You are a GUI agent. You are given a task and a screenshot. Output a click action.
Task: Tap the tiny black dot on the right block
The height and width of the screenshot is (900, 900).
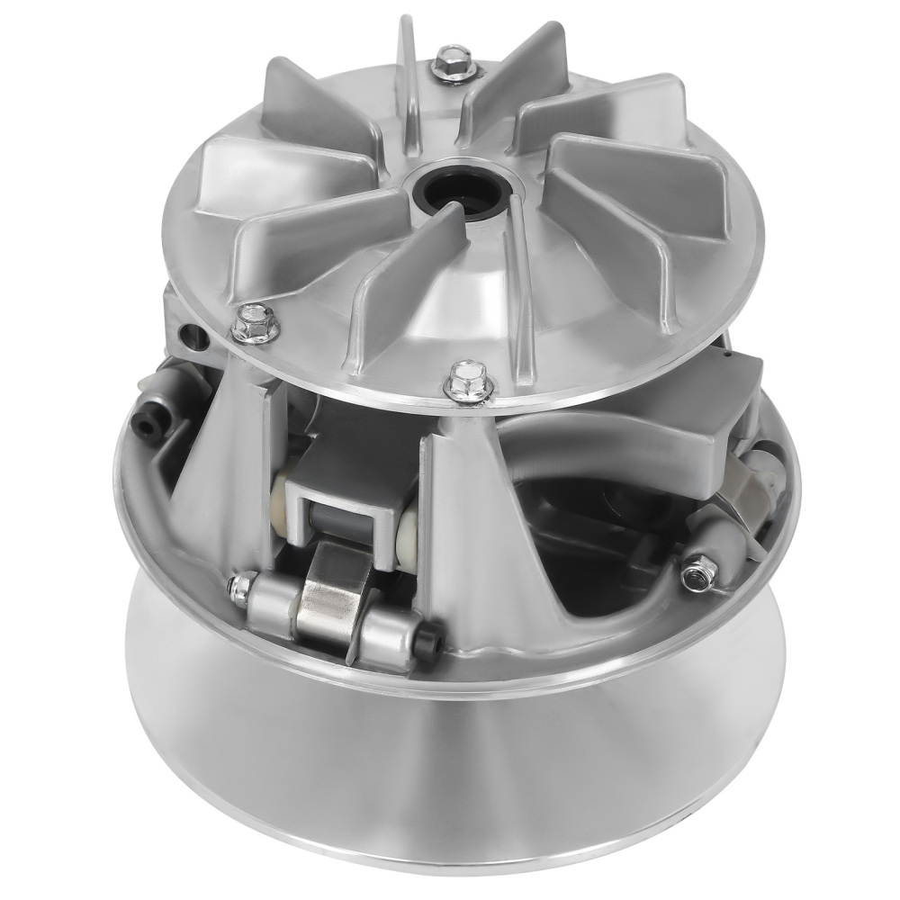point(725,355)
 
